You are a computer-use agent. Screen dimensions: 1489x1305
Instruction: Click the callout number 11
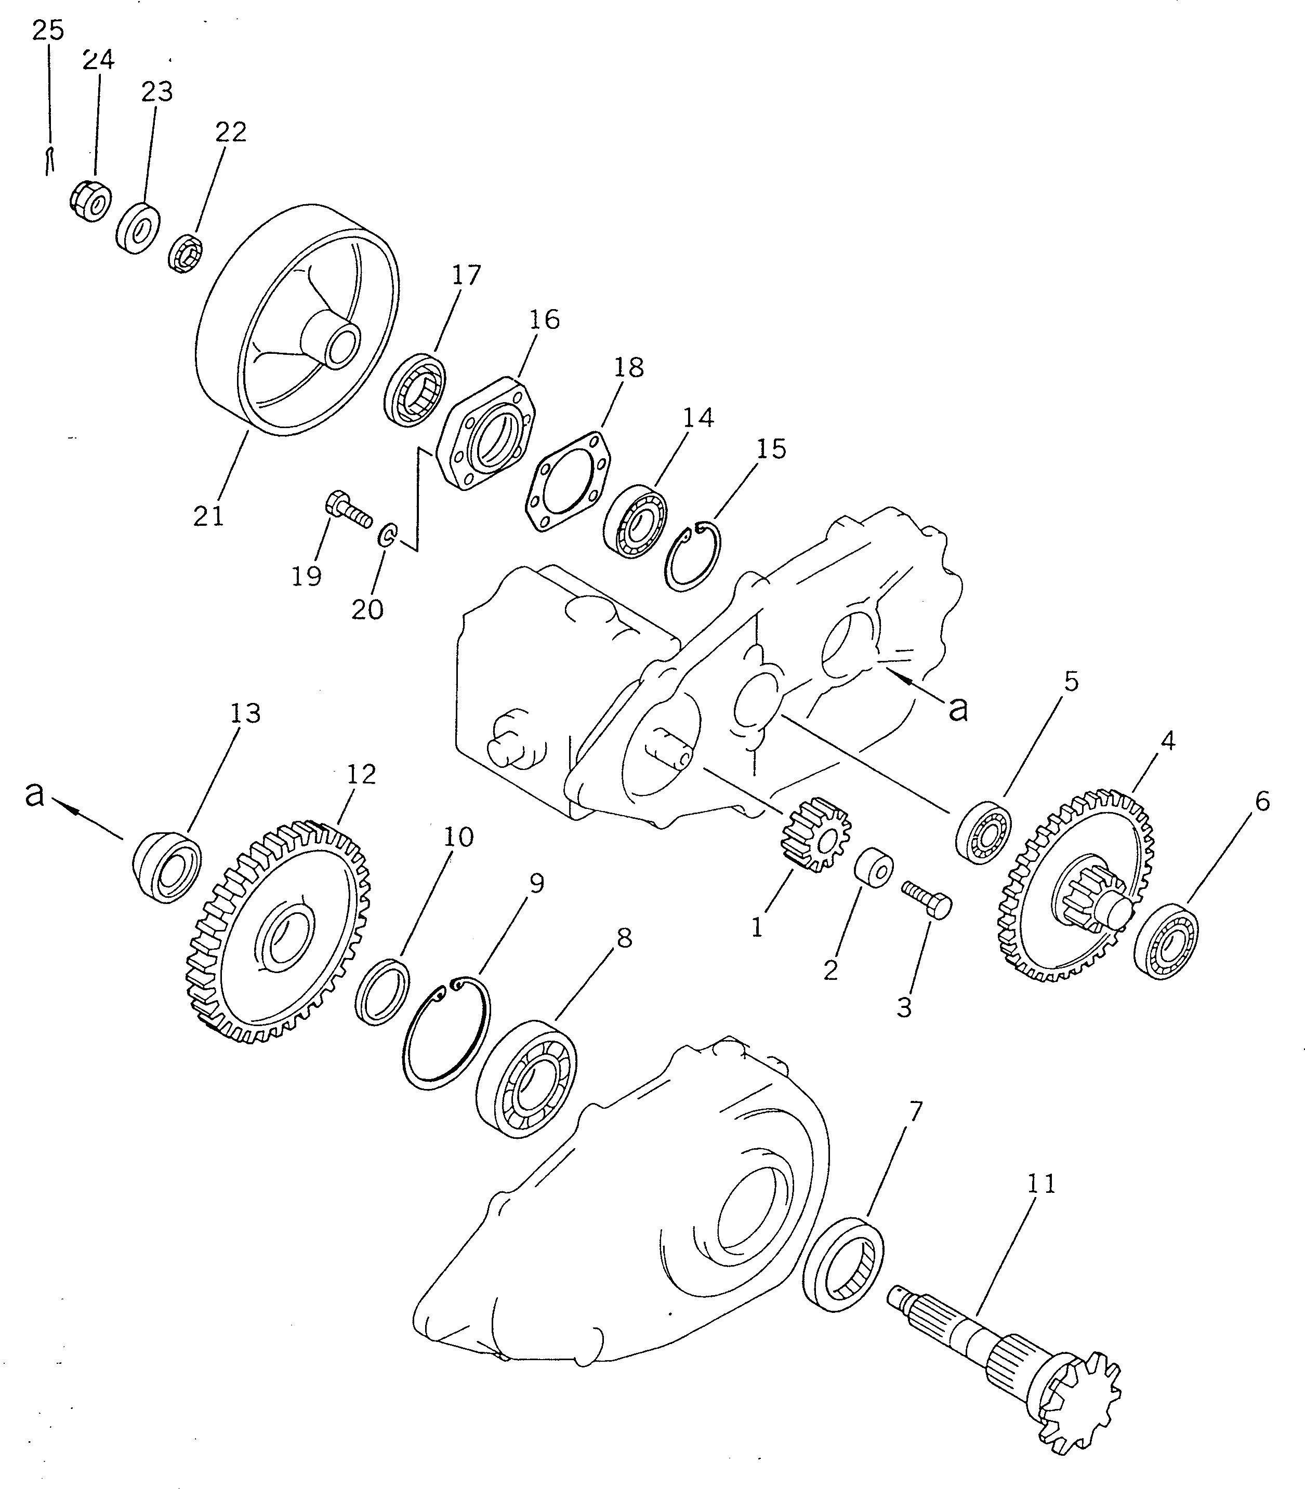coord(1040,1185)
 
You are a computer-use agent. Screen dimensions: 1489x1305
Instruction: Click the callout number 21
coord(208,516)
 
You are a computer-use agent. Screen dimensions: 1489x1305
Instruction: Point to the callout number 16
coord(545,320)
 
